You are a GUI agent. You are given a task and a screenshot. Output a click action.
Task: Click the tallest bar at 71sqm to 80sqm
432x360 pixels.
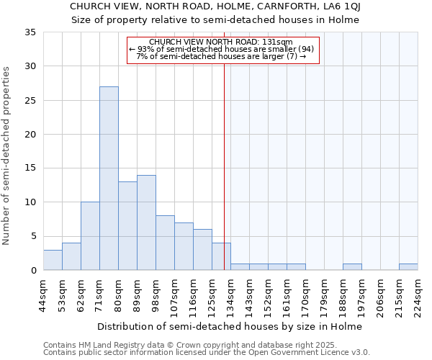click(109, 178)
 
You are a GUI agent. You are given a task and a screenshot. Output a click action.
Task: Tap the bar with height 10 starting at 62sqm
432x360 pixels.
click(90, 236)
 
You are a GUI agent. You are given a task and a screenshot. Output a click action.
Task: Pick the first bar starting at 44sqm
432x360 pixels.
click(53, 260)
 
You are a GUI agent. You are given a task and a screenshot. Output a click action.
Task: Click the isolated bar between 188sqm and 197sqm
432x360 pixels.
click(352, 267)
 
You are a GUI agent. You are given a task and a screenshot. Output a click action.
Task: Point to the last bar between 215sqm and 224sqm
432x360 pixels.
click(408, 267)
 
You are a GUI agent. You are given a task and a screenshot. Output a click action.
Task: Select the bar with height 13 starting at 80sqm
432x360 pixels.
click(127, 225)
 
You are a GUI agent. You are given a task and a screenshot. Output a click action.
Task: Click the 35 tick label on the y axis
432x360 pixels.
click(30, 32)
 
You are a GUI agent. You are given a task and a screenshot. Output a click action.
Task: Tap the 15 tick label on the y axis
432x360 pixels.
click(30, 168)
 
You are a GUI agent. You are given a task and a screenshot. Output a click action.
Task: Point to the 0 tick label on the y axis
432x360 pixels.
click(32, 271)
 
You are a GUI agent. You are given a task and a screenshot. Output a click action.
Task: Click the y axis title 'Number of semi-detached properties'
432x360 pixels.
click(6, 156)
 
